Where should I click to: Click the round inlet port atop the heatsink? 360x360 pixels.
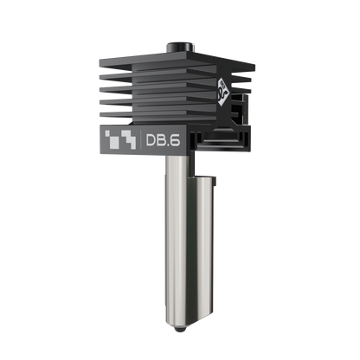(180, 44)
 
